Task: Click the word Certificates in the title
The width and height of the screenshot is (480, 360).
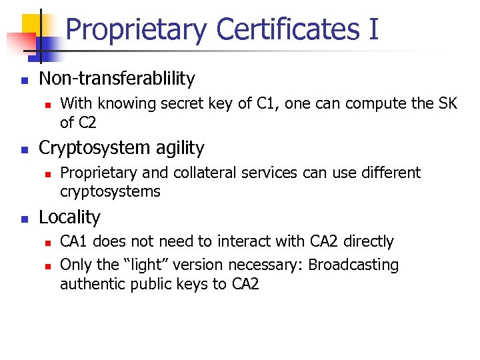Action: pyautogui.click(x=287, y=30)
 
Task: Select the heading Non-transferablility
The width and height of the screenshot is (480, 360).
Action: pyautogui.click(x=117, y=79)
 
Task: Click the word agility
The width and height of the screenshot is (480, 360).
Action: pyautogui.click(x=174, y=148)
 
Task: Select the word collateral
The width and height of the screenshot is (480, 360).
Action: pyautogui.click(x=205, y=173)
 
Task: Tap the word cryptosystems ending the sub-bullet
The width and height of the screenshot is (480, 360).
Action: pyautogui.click(x=110, y=192)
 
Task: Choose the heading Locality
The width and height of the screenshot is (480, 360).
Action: pyautogui.click(x=69, y=217)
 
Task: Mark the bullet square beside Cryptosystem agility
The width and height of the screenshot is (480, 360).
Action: pyautogui.click(x=24, y=149)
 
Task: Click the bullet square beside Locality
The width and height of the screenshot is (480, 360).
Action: pyautogui.click(x=24, y=219)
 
